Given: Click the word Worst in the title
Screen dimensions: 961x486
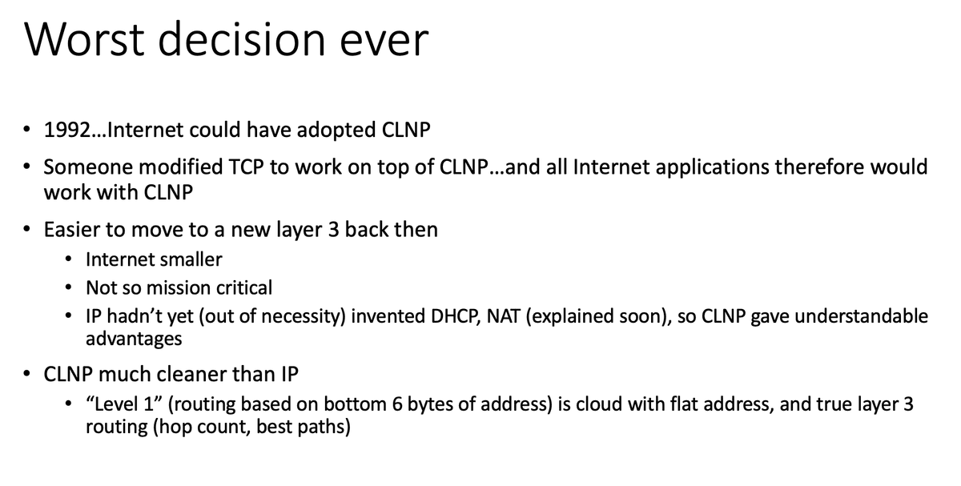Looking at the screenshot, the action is point(85,39).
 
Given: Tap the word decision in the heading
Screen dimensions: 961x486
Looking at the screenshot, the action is point(242,39).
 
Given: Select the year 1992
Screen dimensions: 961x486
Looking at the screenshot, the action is point(67,130).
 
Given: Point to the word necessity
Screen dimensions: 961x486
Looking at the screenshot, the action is point(303,317).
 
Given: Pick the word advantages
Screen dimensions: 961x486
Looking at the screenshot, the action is point(134,339).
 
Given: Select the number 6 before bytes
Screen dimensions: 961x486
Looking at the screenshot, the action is point(397,404).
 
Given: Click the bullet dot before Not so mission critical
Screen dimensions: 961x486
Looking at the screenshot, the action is point(69,287).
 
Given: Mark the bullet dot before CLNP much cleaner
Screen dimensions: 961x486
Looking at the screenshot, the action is point(26,374).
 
